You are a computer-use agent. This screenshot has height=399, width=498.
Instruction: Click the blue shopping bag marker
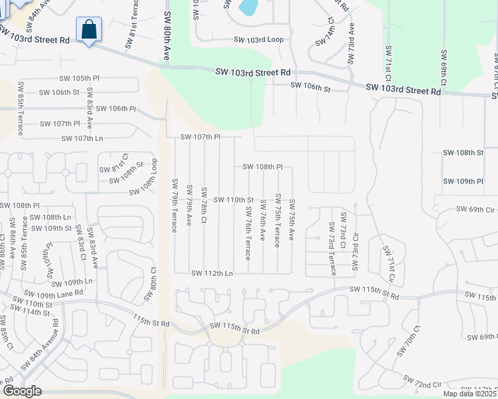89,31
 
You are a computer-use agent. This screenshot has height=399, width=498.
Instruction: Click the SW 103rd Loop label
258,40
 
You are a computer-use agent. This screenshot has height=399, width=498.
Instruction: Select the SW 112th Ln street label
212,273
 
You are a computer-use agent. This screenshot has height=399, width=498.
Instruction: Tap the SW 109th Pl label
462,181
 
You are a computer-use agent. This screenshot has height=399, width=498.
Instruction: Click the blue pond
248,7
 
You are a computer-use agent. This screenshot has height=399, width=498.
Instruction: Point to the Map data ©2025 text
470,394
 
